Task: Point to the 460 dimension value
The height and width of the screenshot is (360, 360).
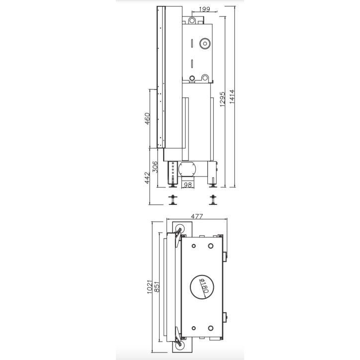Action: tap(148, 119)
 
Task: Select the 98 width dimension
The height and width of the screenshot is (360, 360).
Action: tap(187, 185)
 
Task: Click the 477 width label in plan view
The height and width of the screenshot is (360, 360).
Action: tap(198, 216)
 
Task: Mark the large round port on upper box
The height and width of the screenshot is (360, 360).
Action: tap(204, 44)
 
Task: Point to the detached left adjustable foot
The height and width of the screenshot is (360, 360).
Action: tap(174, 200)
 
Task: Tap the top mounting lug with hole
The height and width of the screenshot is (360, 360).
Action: tap(191, 20)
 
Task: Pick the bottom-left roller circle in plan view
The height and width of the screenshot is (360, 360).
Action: tap(180, 345)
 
